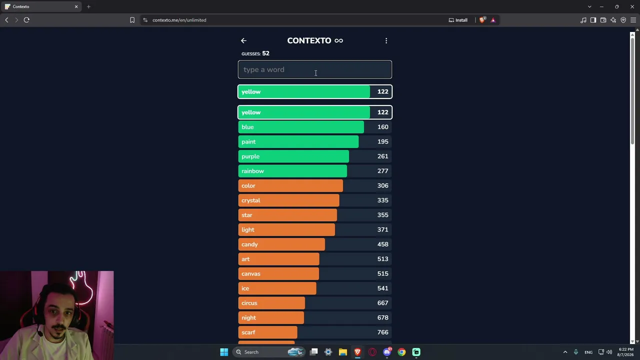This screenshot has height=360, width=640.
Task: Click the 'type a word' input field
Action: pyautogui.click(x=314, y=69)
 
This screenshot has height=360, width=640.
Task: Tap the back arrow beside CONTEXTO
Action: pyautogui.click(x=243, y=41)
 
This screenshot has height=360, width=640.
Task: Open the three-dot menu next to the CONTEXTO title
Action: pyautogui.click(x=386, y=41)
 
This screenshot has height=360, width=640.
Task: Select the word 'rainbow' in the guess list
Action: pyautogui.click(x=252, y=171)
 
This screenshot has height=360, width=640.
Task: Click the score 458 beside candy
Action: pyautogui.click(x=382, y=244)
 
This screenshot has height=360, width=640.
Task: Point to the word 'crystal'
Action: pyautogui.click(x=250, y=200)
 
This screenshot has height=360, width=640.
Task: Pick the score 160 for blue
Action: pyautogui.click(x=382, y=127)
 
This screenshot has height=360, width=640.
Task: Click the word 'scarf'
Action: pyautogui.click(x=248, y=332)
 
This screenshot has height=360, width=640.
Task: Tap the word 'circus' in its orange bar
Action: pyautogui.click(x=249, y=303)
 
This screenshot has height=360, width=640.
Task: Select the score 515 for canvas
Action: pyautogui.click(x=382, y=273)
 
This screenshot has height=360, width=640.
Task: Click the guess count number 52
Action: pyautogui.click(x=265, y=53)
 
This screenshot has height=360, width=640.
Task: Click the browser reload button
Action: pyautogui.click(x=26, y=20)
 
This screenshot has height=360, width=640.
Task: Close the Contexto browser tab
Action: pyautogui.click(x=76, y=6)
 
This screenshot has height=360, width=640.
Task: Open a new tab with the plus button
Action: pyautogui.click(x=88, y=6)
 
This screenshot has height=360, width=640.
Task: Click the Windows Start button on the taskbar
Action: pyautogui.click(x=224, y=352)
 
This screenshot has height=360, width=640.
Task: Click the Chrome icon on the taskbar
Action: pyautogui.click(x=401, y=352)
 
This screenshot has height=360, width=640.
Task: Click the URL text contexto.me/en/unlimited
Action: pyautogui.click(x=179, y=20)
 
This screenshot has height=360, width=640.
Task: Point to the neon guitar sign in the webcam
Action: pyautogui.click(x=82, y=288)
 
